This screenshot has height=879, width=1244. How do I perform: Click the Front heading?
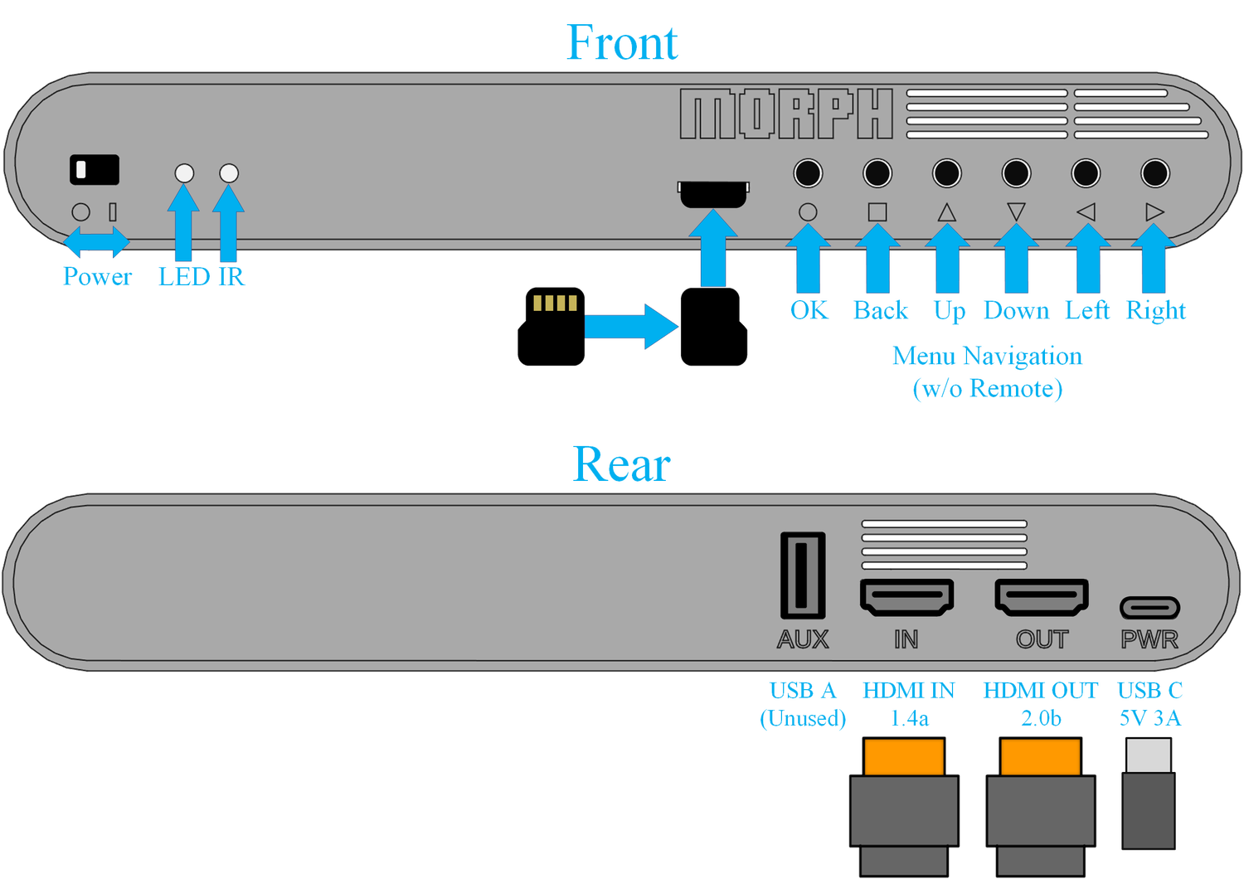(622, 43)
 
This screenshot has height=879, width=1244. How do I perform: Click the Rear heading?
(621, 464)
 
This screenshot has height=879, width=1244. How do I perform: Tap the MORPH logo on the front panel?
(785, 114)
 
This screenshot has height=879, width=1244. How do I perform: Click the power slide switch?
(94, 169)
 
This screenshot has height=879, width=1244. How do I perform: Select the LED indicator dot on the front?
(184, 173)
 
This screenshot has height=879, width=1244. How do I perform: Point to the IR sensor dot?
(229, 173)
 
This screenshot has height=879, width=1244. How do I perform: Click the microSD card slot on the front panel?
(713, 193)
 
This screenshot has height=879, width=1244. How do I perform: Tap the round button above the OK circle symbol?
(808, 173)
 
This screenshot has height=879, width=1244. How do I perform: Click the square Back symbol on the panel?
(877, 212)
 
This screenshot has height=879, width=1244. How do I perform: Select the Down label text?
(1016, 311)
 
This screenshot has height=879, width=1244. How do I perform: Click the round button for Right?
(1154, 173)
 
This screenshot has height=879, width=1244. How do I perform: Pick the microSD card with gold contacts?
(552, 326)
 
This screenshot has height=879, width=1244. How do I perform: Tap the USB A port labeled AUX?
(803, 575)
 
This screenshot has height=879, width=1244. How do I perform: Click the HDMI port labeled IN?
(906, 597)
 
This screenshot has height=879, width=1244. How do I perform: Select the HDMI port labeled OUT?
(1042, 597)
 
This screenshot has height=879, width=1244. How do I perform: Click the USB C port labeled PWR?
(1149, 608)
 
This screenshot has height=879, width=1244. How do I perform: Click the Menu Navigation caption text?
(987, 357)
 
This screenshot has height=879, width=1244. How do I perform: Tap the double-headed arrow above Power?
(97, 243)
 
